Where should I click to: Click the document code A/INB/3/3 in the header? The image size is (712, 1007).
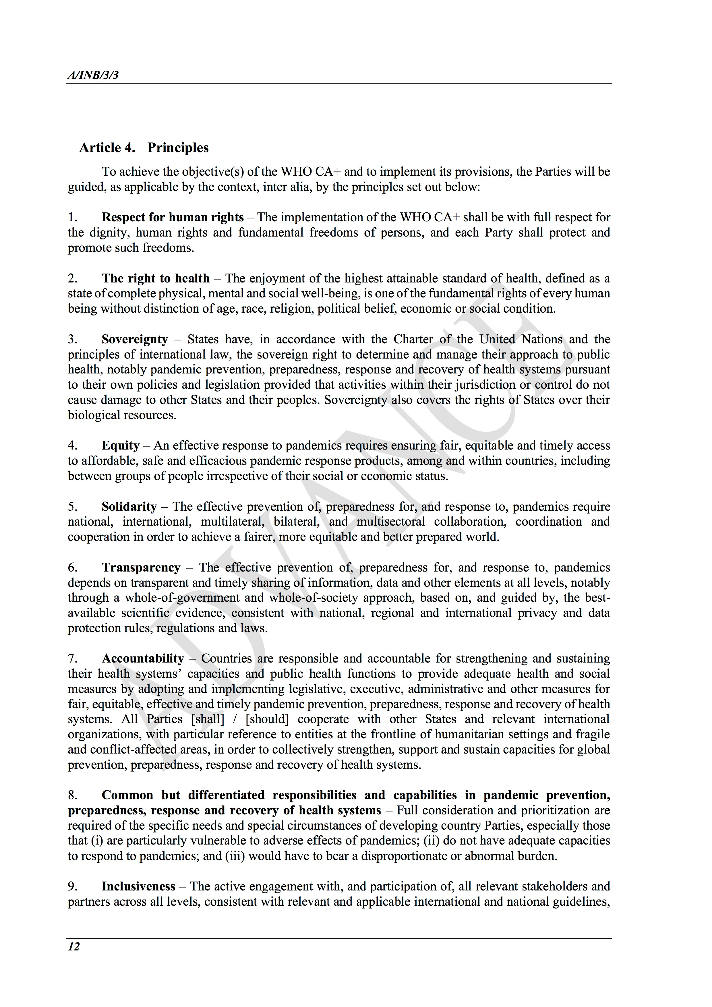tap(93, 75)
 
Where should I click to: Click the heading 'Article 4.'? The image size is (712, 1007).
tap(107, 148)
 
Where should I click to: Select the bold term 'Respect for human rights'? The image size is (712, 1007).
tap(173, 218)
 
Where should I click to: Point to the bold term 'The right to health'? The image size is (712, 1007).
tap(156, 278)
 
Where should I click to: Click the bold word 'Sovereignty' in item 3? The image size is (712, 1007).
tap(135, 340)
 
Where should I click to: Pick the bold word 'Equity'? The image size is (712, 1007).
tap(121, 446)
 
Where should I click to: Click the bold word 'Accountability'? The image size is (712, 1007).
tap(143, 659)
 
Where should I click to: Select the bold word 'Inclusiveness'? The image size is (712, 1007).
tap(138, 886)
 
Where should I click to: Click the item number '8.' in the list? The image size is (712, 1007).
tap(73, 795)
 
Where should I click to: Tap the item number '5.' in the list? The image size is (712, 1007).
tap(73, 507)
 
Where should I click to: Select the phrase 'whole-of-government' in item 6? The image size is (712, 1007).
tap(182, 598)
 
